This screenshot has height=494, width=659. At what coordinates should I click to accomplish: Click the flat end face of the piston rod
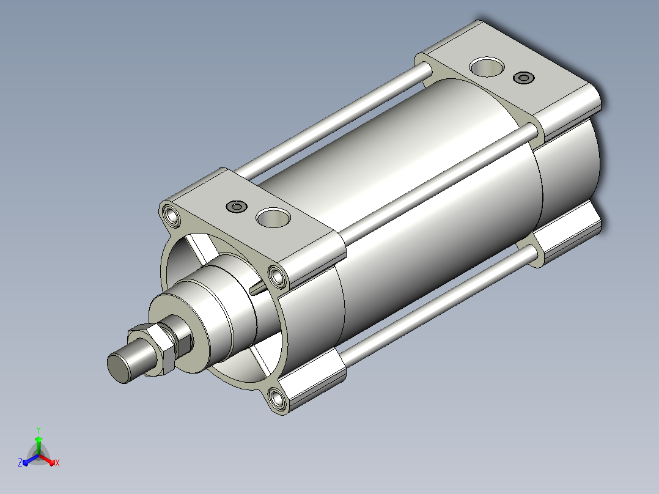tap(119, 368)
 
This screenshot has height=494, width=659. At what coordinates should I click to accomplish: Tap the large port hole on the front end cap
tap(273, 218)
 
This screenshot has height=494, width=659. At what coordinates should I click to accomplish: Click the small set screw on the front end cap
tap(236, 207)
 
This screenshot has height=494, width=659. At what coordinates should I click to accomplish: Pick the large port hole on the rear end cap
tap(487, 67)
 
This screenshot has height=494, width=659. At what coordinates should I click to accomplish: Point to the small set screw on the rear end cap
tap(524, 78)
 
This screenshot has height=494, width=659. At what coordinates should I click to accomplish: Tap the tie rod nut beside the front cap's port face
tap(278, 276)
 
